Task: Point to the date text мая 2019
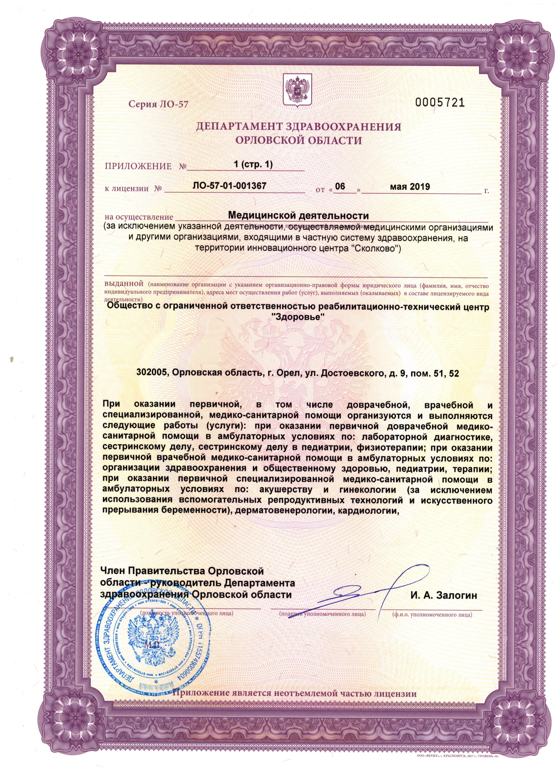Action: click(x=410, y=186)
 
